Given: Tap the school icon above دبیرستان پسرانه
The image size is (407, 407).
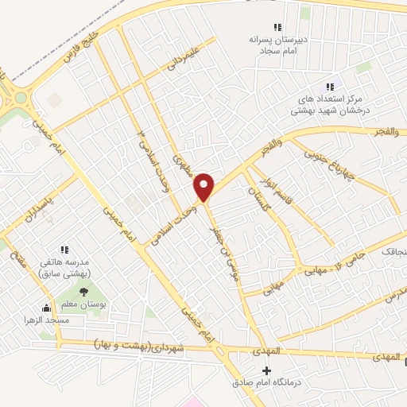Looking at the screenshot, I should [x=277, y=28].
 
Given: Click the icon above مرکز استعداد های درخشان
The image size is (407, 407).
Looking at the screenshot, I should [x=330, y=87].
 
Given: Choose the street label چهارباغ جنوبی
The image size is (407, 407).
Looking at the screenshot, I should [x=345, y=162].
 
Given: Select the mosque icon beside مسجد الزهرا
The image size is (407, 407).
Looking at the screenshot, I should [x=46, y=308].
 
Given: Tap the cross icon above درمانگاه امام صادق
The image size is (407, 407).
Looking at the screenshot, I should [x=266, y=371].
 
